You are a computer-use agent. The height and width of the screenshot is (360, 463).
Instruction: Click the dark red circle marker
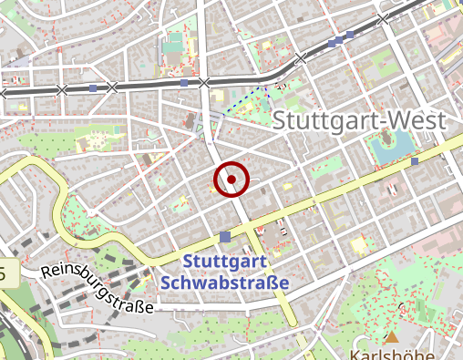click(x=231, y=180)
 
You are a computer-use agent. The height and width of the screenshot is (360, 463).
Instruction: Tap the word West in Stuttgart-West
click(x=417, y=120)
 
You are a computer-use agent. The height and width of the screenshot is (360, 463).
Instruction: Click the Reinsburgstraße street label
click(x=96, y=290)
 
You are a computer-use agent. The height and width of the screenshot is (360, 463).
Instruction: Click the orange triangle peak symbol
click(x=392, y=336)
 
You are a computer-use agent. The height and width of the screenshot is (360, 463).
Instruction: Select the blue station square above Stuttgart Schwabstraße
click(x=225, y=237)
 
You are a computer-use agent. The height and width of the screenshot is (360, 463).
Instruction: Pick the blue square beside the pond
click(x=415, y=161)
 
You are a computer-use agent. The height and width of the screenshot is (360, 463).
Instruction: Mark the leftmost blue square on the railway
click(x=93, y=88)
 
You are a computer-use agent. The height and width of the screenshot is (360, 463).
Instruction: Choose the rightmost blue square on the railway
click(x=350, y=36)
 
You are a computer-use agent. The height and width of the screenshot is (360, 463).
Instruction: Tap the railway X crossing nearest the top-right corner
click(x=384, y=18)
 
